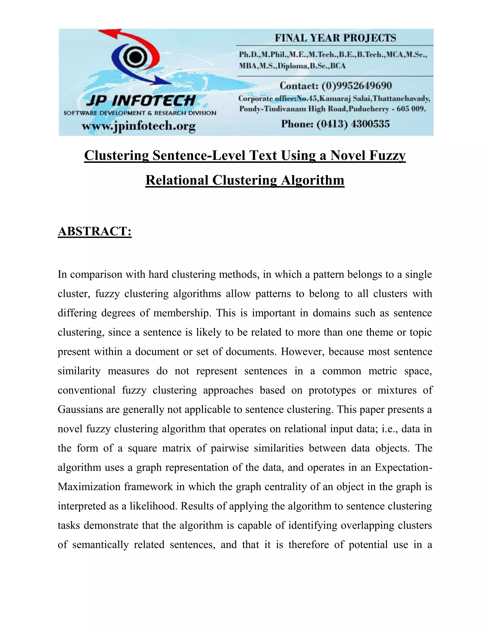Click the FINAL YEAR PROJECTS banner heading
point(335,38)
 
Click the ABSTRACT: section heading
point(95,231)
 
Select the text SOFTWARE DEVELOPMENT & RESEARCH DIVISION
point(140,113)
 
